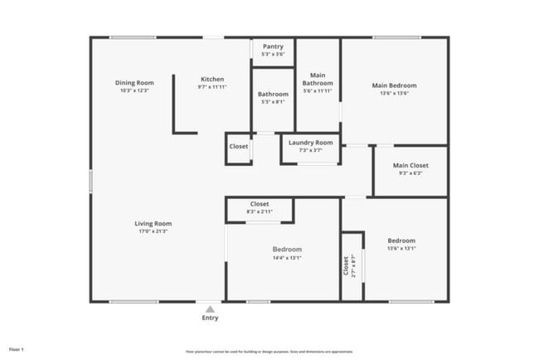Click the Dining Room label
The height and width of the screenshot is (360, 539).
click(134, 83)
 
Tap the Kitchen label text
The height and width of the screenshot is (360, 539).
click(211, 80)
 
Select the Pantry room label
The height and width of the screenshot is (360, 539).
click(273, 47)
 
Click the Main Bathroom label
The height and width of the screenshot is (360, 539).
click(318, 79)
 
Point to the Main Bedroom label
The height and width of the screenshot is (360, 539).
click(394, 85)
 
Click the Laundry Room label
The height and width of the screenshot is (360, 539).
click(310, 143)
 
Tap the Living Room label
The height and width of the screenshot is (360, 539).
click(153, 223)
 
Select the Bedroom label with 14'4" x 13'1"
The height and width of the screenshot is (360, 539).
click(287, 249)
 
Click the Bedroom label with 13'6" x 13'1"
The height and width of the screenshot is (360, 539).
click(401, 241)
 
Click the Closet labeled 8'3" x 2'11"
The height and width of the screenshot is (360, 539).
click(260, 204)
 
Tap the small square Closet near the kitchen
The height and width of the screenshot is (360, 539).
click(239, 147)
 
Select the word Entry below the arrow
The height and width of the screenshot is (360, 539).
click(211, 318)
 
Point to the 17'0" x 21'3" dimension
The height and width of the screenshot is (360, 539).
click(153, 231)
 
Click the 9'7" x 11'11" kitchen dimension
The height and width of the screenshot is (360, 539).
click(211, 87)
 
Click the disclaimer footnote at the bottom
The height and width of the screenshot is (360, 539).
click(269, 351)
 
